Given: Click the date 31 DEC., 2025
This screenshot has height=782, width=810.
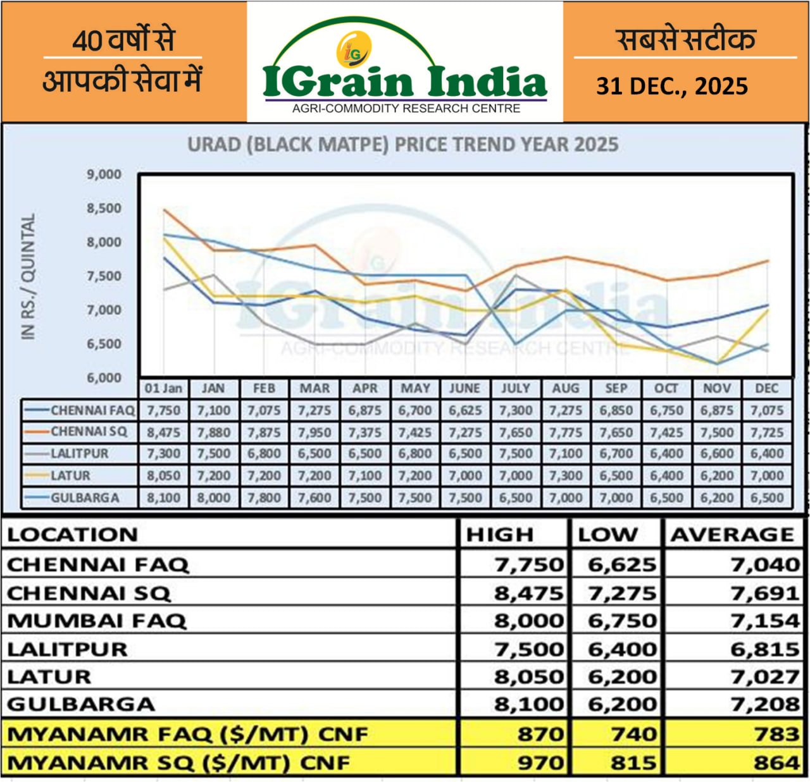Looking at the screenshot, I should [x=671, y=86].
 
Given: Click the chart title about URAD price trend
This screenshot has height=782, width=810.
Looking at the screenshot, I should [x=402, y=145].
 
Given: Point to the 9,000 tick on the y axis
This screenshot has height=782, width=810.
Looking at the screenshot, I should [x=104, y=174].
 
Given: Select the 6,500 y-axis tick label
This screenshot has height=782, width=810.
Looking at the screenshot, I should [x=104, y=344].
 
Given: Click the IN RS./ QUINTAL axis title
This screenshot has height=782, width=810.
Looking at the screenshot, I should [x=28, y=276].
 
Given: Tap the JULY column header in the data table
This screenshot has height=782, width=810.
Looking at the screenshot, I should [x=515, y=388].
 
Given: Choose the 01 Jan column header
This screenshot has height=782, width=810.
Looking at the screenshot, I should [x=163, y=388].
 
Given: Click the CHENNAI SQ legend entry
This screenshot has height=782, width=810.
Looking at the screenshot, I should [x=89, y=432].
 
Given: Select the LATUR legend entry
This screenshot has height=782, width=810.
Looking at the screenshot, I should [x=70, y=475].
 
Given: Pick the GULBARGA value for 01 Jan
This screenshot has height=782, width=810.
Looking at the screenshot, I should [x=163, y=498].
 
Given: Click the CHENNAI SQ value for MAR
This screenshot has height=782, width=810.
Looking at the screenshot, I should [x=315, y=432].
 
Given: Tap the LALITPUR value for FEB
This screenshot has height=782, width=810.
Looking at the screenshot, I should [x=264, y=454].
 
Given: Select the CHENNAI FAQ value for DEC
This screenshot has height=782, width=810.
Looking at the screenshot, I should [x=767, y=410].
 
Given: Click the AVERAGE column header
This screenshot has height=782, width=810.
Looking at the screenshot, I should [x=732, y=535].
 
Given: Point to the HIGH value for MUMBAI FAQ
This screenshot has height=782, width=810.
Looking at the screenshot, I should [x=528, y=621].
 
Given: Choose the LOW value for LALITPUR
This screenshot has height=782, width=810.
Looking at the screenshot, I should [x=622, y=649].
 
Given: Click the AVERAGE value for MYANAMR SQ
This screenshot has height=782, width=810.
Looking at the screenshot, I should [x=776, y=762].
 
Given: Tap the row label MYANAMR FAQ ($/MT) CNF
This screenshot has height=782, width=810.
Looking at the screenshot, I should [x=187, y=735].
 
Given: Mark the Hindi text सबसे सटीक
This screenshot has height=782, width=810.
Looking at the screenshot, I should [x=685, y=39].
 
